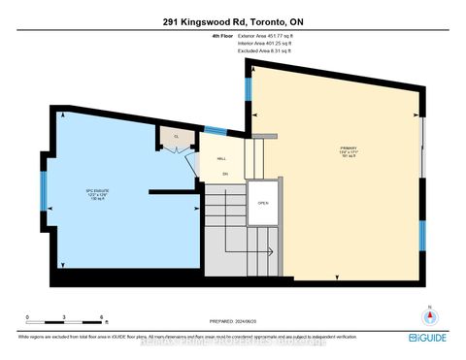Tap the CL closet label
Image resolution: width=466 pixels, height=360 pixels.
pyautogui.click(x=176, y=138)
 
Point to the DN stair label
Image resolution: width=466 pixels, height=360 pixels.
pyautogui.click(x=224, y=175)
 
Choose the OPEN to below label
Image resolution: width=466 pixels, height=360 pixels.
pyautogui.click(x=262, y=204)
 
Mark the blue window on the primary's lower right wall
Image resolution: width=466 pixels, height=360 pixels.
pyautogui.click(x=422, y=234)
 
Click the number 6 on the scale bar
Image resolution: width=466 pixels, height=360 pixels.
pyautogui.click(x=102, y=317)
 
